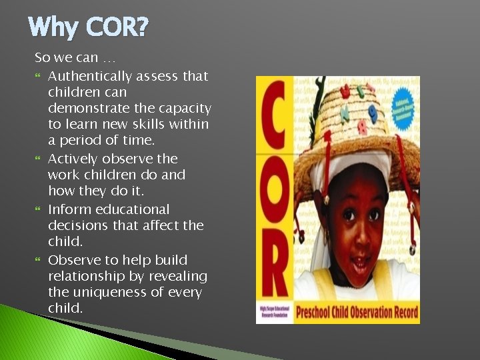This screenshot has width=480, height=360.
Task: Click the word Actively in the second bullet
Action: pyautogui.click(x=75, y=159)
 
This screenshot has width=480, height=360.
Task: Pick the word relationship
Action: pyautogui.click(x=85, y=276)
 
